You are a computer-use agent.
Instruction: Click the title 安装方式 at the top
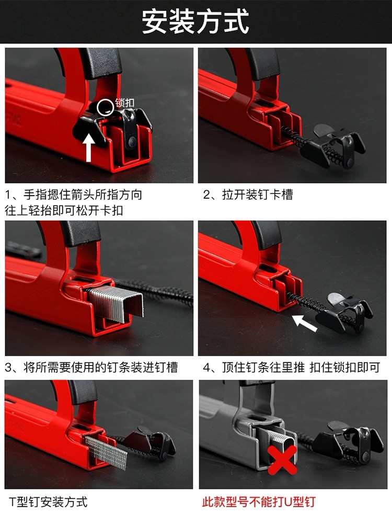pyautogui.click(x=195, y=21)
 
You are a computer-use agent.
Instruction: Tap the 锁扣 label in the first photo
pyautogui.click(x=125, y=102)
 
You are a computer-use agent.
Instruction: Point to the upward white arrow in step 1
pyautogui.click(x=89, y=147)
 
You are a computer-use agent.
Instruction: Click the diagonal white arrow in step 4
pyautogui.click(x=305, y=323)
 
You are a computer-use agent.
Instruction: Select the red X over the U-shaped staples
pyautogui.click(x=282, y=460)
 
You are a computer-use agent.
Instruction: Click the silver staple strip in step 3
pyautogui.click(x=116, y=303)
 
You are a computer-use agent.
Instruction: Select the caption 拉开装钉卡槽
pyautogui.click(x=248, y=195)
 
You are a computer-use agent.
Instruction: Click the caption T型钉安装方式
pyautogui.click(x=49, y=502)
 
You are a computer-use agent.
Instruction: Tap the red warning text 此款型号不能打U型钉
pyautogui.click(x=259, y=502)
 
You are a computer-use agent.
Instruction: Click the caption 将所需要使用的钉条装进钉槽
pyautogui.click(x=91, y=368)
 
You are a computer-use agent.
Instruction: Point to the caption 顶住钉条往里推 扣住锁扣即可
pyautogui.click(x=291, y=368)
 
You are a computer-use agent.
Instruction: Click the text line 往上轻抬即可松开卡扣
pyautogui.click(x=64, y=210)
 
